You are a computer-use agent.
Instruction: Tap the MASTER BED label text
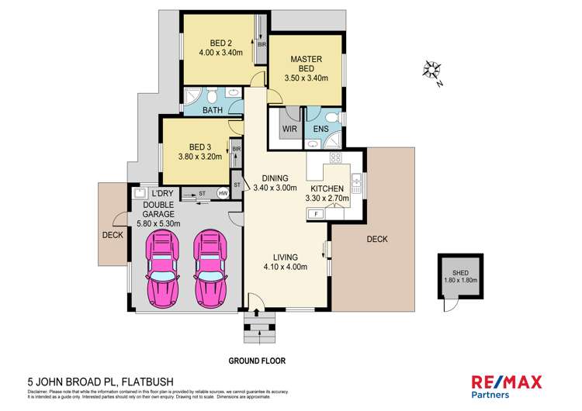(306, 64)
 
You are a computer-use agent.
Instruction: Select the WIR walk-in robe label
(288, 128)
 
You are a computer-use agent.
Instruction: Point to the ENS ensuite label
(320, 128)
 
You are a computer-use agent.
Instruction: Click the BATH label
(213, 110)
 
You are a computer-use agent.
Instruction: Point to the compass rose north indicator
(431, 72)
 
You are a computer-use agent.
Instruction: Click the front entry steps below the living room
(258, 326)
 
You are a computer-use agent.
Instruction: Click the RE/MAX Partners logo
(507, 385)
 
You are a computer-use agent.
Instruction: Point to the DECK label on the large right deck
(376, 240)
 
